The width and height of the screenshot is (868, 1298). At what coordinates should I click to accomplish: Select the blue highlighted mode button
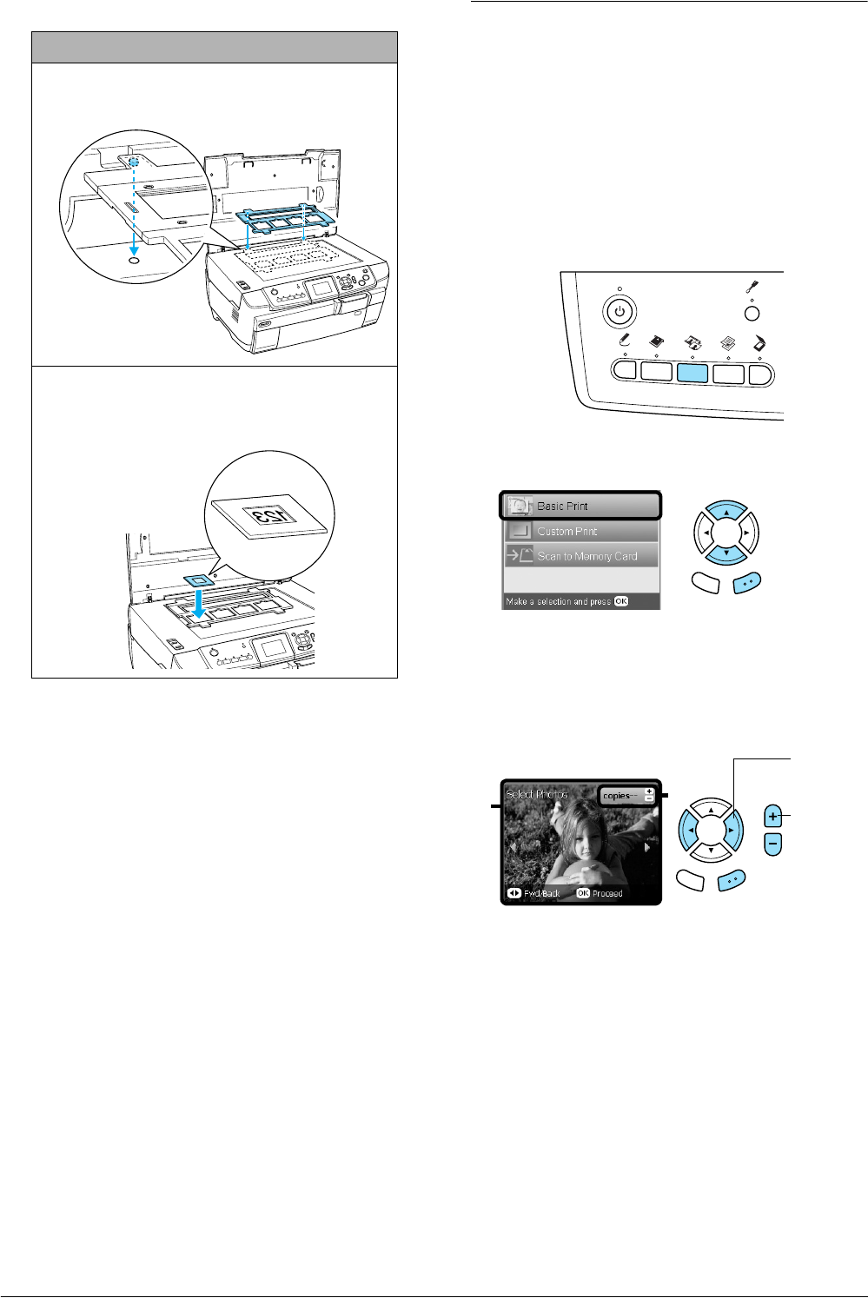tap(692, 372)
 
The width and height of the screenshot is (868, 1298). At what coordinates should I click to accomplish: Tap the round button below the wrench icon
tap(752, 314)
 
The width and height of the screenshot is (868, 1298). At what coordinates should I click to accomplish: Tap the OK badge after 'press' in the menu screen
tap(620, 601)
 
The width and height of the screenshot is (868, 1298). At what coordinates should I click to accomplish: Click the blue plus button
tap(773, 817)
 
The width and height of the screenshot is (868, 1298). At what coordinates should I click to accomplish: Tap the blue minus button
tap(773, 842)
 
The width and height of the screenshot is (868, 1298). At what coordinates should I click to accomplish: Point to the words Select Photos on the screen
tap(537, 794)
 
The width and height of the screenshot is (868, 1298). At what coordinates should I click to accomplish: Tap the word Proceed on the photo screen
tap(607, 893)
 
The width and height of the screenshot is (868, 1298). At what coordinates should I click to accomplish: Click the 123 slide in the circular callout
tap(267, 514)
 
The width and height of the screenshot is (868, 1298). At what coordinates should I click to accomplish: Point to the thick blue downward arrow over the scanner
tap(200, 602)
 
